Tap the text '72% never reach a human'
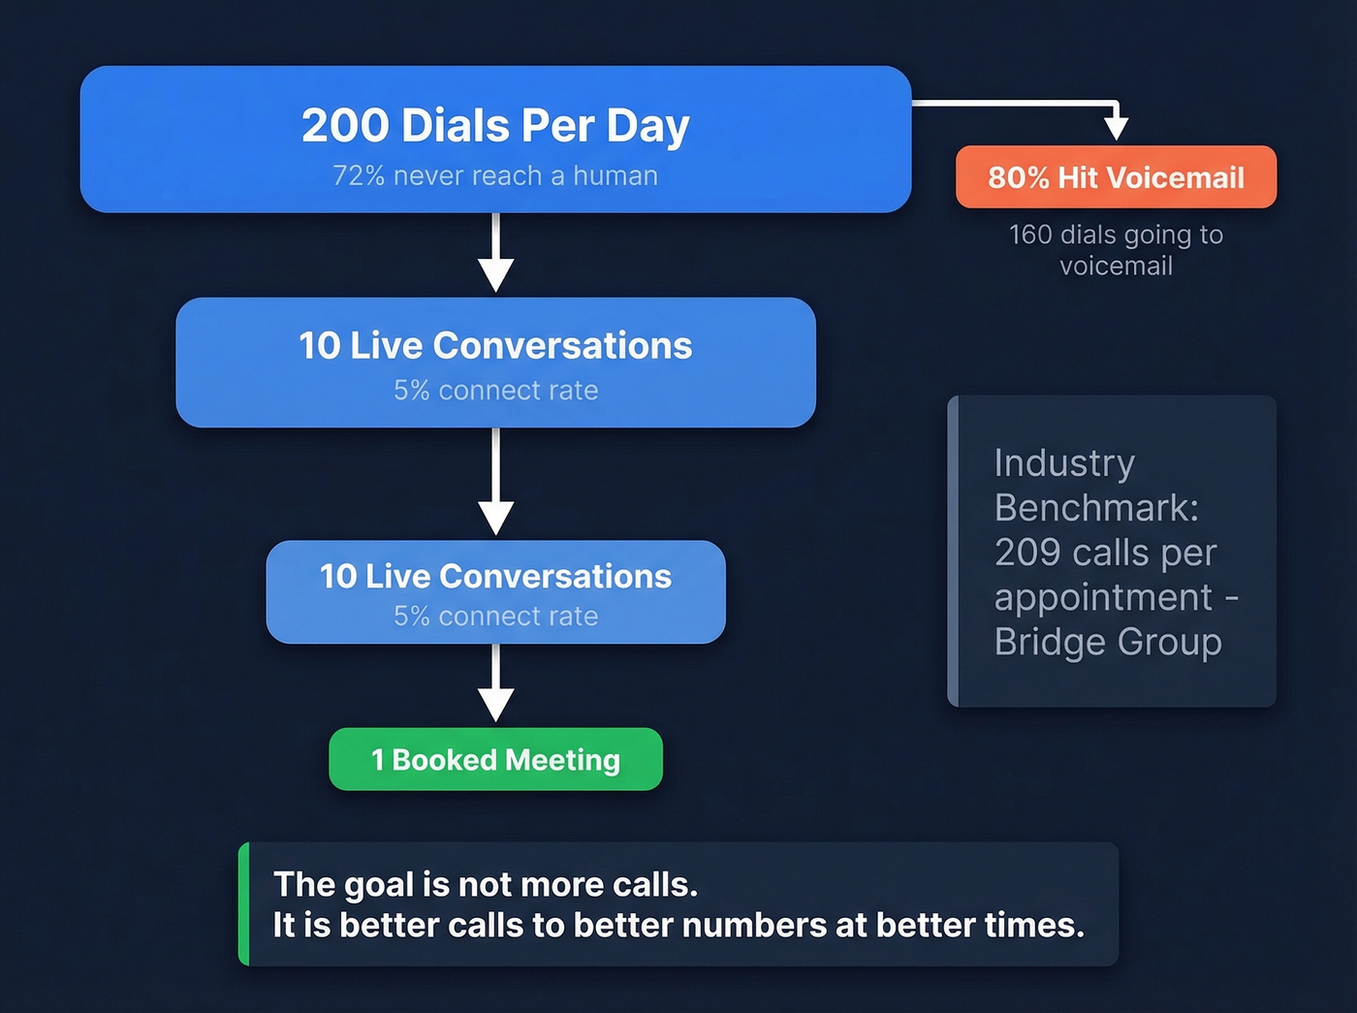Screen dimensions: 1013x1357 (495, 176)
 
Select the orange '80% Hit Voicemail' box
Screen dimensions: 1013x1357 (1116, 177)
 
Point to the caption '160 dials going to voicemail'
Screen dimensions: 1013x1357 (1116, 250)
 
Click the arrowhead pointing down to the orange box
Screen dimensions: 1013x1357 (1117, 128)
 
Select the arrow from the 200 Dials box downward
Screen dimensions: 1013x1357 (495, 254)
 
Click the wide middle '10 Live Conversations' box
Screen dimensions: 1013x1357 (495, 363)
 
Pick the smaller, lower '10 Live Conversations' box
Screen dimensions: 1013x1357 (495, 592)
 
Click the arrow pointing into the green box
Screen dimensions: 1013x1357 (495, 686)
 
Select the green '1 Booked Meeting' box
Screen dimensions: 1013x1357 (495, 760)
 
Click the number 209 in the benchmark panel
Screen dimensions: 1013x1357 (1027, 553)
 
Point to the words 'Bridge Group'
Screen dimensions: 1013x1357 (1108, 642)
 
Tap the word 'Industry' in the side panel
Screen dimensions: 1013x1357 (1064, 463)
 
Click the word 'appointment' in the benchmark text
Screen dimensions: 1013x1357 (1103, 597)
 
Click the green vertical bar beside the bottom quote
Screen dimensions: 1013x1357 (244, 903)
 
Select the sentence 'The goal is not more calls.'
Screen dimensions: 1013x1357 (485, 884)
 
